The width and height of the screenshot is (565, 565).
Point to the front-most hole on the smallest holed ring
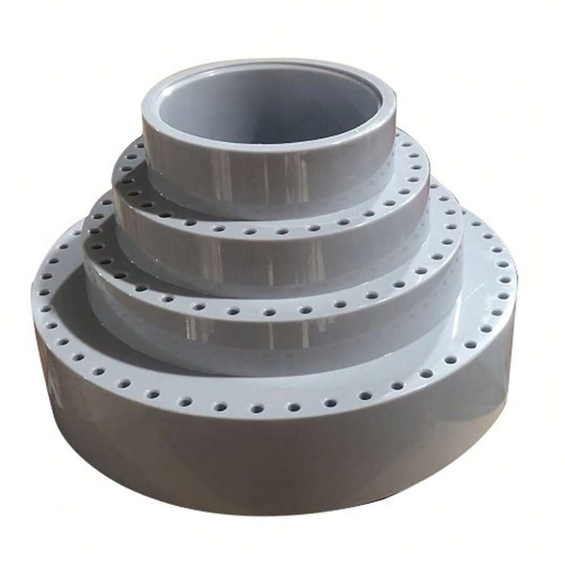point(264,232)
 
